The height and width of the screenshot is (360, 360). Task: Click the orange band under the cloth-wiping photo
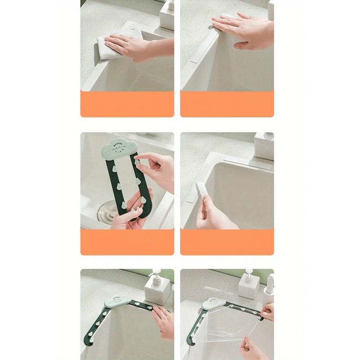[127, 104]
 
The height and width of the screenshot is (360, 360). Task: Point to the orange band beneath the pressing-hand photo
[227, 104]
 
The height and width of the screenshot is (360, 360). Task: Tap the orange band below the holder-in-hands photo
[127, 242]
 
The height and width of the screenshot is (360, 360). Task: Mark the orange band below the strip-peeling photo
[227, 242]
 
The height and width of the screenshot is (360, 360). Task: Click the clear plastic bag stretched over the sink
[229, 328]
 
